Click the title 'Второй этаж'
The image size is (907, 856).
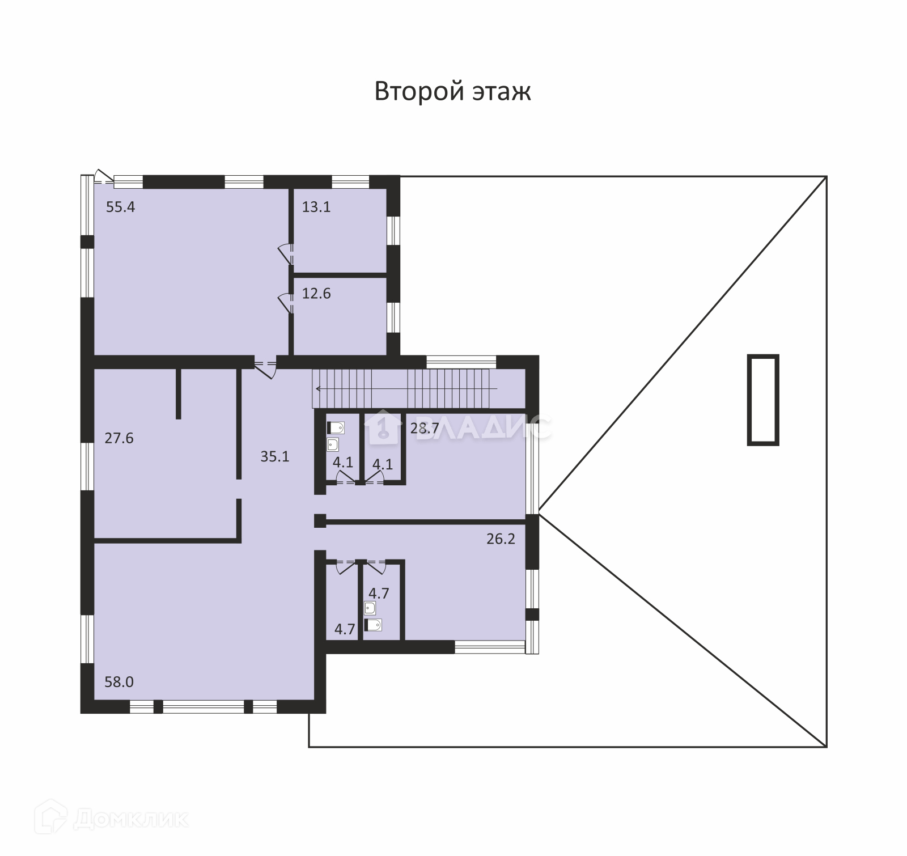[x=452, y=91]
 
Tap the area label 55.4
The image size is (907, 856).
[x=121, y=207]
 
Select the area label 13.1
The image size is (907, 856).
[x=316, y=207]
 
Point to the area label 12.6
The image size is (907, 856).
[x=316, y=294]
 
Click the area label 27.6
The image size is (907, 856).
[x=119, y=438]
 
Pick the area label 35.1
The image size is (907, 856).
[x=275, y=456]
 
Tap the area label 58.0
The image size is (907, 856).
[x=119, y=681]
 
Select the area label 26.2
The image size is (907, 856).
[x=501, y=539]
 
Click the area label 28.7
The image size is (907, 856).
[x=425, y=428]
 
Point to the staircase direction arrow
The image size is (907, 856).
[x=405, y=388]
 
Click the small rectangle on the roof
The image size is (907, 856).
[x=762, y=400]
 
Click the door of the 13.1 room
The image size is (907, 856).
[x=286, y=253]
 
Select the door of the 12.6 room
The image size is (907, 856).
[x=286, y=302]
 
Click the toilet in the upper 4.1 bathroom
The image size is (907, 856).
[x=336, y=427]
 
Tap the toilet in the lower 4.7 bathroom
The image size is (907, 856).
[x=373, y=625]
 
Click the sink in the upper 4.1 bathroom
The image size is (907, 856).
[x=333, y=444]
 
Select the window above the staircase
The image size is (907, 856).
[x=461, y=362]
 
